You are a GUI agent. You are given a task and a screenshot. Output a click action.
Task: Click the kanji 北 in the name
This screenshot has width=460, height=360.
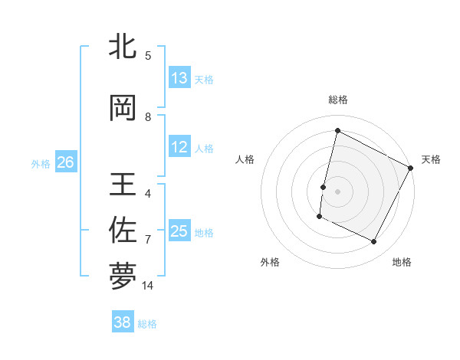click(123, 47)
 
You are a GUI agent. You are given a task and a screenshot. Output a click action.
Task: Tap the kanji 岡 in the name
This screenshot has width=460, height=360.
click(123, 109)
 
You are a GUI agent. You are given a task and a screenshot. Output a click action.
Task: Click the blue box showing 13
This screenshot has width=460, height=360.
click(179, 78)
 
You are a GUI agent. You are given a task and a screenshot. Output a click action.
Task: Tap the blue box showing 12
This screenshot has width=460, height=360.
click(179, 147)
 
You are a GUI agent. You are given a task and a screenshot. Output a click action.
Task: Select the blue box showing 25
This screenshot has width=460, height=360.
click(179, 231)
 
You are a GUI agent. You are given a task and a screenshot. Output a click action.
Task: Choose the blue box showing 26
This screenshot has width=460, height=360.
click(65, 162)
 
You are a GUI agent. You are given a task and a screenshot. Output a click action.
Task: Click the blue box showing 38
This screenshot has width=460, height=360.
click(123, 322)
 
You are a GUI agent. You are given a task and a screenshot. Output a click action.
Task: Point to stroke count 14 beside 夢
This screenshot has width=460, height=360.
click(148, 286)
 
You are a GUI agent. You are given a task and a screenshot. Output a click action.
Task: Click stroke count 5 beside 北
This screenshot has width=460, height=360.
click(148, 55)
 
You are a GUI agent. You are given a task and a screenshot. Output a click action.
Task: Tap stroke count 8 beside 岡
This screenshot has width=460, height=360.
click(148, 117)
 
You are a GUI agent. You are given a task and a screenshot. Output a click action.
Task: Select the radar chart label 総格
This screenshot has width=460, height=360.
click(337, 100)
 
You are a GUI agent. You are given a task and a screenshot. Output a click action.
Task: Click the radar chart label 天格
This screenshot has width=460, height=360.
click(431, 159)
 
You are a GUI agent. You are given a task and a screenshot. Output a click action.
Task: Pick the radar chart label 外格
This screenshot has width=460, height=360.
click(270, 262)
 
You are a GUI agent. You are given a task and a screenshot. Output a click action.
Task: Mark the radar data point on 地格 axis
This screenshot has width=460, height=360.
click(374, 242)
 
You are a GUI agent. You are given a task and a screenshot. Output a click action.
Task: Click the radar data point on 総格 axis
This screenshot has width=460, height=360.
click(337, 131)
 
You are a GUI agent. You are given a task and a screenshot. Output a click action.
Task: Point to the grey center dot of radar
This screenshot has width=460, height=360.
click(337, 191)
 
